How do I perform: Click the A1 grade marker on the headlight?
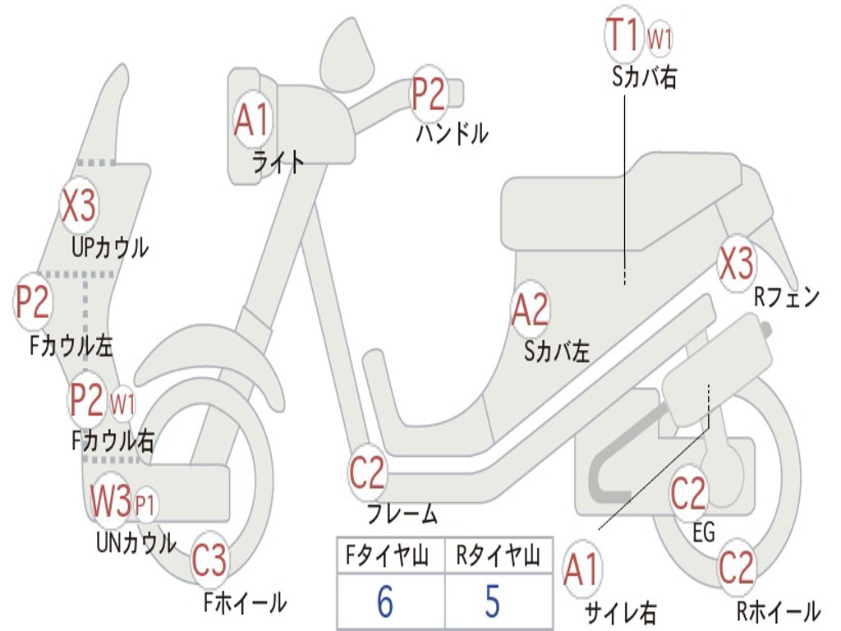251,120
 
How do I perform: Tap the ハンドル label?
452,132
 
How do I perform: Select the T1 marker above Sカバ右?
623,35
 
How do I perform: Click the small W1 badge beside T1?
660,37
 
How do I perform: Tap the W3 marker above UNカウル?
111,500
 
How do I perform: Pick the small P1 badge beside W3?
145,503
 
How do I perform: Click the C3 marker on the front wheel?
209,562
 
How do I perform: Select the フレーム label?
402,515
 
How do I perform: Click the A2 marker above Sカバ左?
530,311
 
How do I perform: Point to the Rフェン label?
787,297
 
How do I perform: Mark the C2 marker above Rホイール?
736,569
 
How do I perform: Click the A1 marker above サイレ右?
581,570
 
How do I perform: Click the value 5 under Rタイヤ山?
492,602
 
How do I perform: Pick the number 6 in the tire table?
385,602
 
